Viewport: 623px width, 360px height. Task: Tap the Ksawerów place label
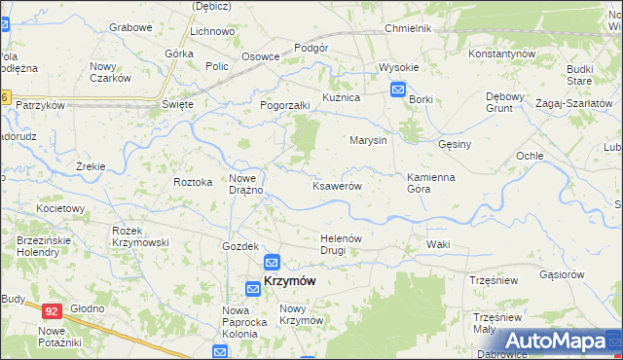(337, 186)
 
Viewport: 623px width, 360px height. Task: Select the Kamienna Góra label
(431, 183)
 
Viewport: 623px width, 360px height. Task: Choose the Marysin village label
(369, 140)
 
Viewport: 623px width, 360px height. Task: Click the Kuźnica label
(342, 98)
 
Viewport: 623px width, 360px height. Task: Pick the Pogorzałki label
(284, 105)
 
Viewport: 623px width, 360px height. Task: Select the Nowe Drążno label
(246, 183)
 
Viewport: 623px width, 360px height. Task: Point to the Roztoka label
(192, 182)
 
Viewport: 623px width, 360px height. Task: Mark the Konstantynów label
(502, 53)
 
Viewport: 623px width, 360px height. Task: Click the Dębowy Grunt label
(505, 102)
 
